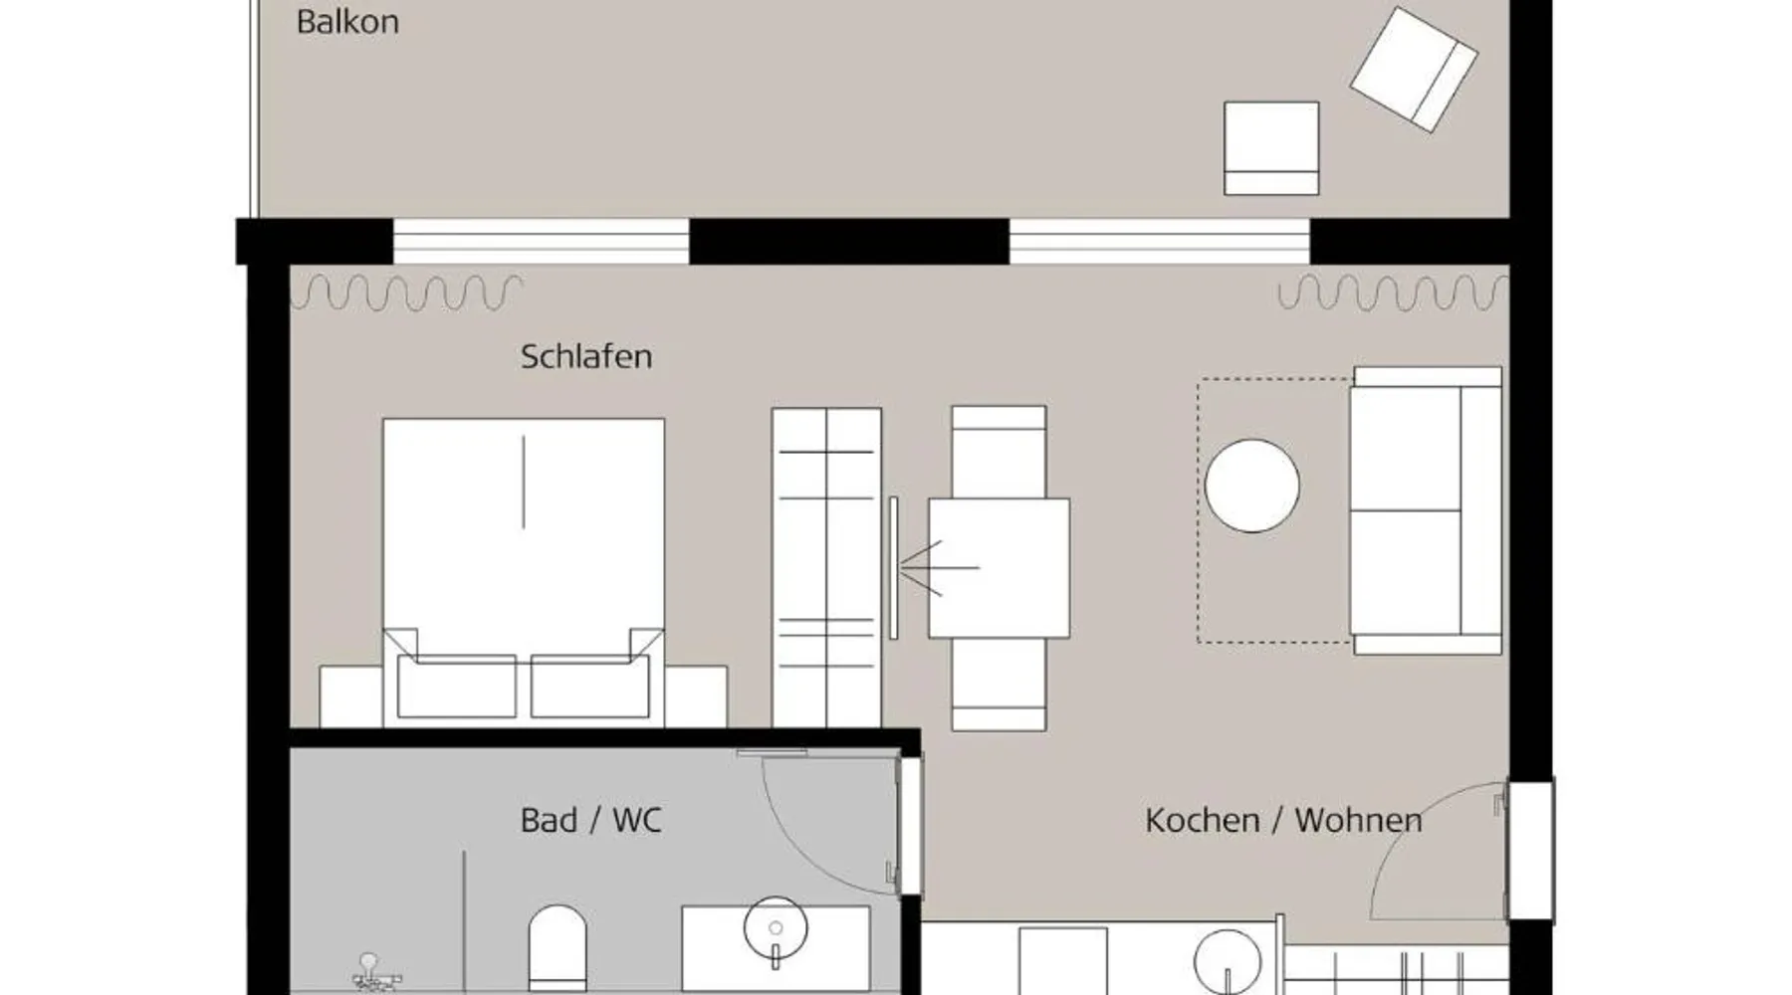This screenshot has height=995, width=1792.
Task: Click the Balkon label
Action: (x=347, y=22)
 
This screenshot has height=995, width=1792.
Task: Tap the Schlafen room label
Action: (x=586, y=356)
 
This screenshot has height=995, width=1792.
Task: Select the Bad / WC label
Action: (x=590, y=820)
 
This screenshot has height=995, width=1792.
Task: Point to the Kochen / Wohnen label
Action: (x=1283, y=820)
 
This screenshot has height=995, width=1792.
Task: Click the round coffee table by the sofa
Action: (x=1251, y=486)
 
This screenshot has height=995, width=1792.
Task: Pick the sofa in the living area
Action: (x=1426, y=510)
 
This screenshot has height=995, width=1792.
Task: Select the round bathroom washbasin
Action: (x=775, y=928)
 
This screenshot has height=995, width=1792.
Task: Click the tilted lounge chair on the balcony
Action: (x=1414, y=70)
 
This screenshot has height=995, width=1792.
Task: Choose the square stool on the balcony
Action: (x=1271, y=148)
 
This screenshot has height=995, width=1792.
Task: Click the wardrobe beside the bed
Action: (x=826, y=567)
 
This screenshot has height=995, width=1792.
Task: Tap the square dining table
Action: (x=999, y=568)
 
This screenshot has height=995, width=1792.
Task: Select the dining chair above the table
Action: (x=999, y=452)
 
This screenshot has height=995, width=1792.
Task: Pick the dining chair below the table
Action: (x=999, y=685)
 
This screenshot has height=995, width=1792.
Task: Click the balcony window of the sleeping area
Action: (x=541, y=242)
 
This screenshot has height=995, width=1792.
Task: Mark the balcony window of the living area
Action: (x=1160, y=242)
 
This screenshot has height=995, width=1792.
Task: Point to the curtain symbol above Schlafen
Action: (x=406, y=292)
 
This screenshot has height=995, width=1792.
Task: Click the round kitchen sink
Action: (x=1228, y=960)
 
